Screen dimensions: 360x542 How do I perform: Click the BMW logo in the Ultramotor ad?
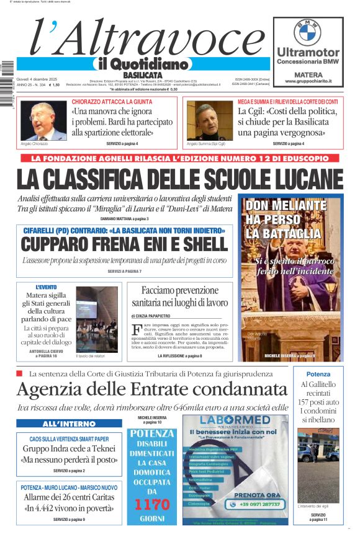pos(308,32)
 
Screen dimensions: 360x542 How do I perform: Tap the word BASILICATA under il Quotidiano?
pos(142,74)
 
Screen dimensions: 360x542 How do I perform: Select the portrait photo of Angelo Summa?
pos(209,121)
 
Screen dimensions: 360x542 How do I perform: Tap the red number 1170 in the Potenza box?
pos(152,504)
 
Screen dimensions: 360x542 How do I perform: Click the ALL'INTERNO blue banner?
pos(69,424)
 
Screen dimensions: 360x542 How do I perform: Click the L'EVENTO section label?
pos(46,287)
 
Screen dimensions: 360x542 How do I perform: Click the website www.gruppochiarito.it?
pos(308,81)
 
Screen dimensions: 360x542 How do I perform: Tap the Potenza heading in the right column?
pos(318,375)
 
